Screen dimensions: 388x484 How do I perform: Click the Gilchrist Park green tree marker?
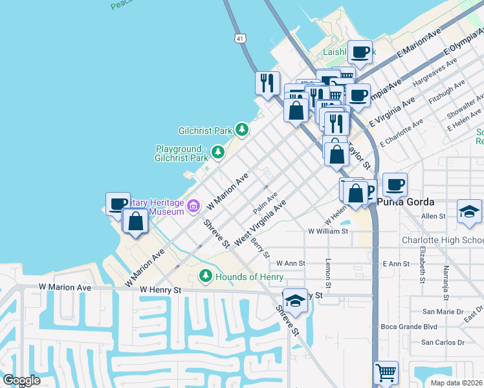[x=242, y=130]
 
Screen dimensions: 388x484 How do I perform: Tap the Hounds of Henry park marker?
[x=206, y=276]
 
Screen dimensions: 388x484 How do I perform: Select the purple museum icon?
[x=193, y=206]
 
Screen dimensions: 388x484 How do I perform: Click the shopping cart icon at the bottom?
[x=386, y=372]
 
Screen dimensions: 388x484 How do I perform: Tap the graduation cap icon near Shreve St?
[x=295, y=301]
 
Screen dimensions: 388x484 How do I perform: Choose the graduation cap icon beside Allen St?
[x=469, y=211]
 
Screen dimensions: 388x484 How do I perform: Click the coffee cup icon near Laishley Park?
[x=360, y=52]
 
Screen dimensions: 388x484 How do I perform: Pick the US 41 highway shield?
[x=240, y=39]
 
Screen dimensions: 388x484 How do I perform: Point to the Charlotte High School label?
[x=442, y=240]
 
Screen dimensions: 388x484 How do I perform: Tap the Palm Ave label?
[x=265, y=203]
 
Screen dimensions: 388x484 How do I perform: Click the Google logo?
[x=21, y=380]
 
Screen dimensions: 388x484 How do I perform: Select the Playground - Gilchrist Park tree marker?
[x=219, y=152]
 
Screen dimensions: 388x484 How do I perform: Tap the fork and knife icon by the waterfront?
[x=267, y=82]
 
